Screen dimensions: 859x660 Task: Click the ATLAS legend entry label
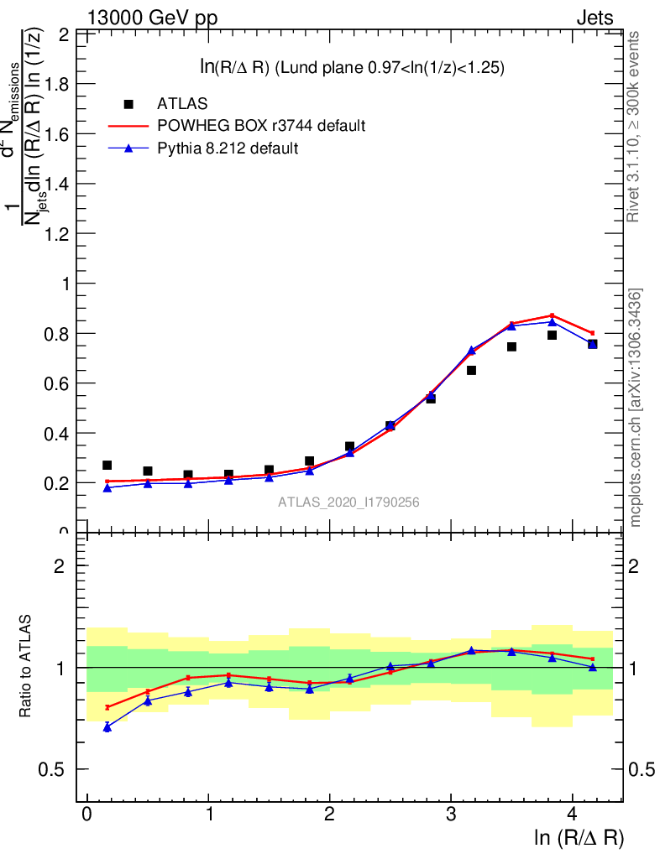click(x=182, y=104)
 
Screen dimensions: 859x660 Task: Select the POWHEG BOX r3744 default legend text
click(x=261, y=126)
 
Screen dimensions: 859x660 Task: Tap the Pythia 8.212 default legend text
click(x=228, y=148)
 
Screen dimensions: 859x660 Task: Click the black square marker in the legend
click(x=128, y=104)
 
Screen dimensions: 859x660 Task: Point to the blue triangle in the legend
click(x=128, y=148)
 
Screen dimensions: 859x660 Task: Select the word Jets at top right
click(x=594, y=18)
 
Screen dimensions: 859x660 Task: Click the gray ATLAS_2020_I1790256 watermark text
click(x=348, y=502)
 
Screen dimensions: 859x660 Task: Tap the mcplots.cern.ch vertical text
click(x=636, y=408)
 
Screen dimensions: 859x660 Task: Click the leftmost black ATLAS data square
click(x=107, y=465)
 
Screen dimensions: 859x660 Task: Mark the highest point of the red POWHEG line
click(x=552, y=315)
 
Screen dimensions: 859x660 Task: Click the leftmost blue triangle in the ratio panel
click(x=107, y=727)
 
